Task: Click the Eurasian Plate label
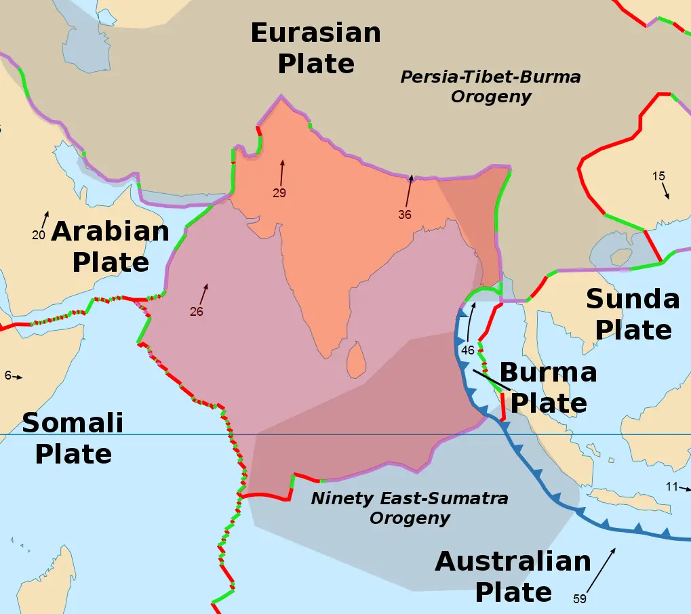coord(316,48)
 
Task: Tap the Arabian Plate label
coord(111,246)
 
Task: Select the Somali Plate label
coord(73,438)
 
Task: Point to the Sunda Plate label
coord(633,314)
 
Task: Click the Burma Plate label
coord(548,388)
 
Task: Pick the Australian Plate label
coord(513,577)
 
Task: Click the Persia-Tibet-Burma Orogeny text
coord(490,86)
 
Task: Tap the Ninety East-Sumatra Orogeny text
coord(410,508)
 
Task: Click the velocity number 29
coord(279,193)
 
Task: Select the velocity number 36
coord(405,215)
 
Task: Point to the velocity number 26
coord(197,312)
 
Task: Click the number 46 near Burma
coord(468,350)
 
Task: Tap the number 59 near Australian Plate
coord(579,598)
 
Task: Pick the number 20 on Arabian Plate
coord(38,235)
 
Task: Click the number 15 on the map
coord(658,176)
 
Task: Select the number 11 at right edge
coord(671,486)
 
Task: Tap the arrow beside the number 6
coord(18,377)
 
